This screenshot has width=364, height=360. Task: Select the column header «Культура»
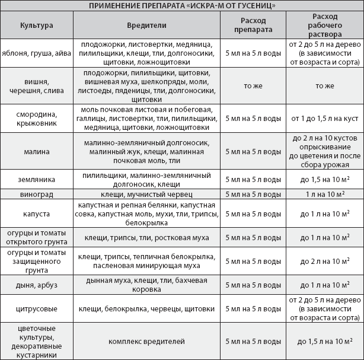coord(36,26)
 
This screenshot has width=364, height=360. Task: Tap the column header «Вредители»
coord(146,26)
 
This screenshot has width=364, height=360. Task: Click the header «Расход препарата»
coord(254,26)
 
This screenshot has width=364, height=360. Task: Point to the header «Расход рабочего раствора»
coord(325,26)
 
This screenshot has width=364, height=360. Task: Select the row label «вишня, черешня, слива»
coord(36,86)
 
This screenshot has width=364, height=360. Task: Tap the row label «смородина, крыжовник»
coord(36,118)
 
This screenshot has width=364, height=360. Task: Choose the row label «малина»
coord(36,151)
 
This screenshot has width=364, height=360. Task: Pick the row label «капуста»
coord(36,212)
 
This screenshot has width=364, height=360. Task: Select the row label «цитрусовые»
coord(36,309)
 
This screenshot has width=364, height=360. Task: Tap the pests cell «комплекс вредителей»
coord(146,341)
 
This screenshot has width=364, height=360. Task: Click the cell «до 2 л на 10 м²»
coord(325,261)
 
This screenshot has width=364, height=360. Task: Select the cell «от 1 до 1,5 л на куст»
coord(325,118)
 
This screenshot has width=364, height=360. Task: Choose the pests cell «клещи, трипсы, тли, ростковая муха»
coord(146,237)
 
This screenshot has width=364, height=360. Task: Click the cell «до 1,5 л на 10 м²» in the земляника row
coord(325,179)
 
